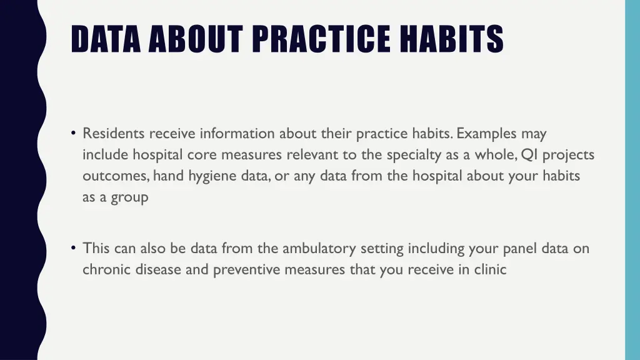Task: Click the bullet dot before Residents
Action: coord(74,133)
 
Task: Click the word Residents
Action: coord(113,134)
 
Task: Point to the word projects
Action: coord(568,156)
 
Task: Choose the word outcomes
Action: coord(115,176)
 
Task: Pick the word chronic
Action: coord(105,270)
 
